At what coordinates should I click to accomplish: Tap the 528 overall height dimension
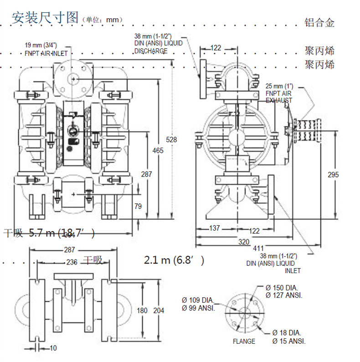171,140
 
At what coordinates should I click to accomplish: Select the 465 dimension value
158,150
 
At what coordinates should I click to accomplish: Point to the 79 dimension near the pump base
138,207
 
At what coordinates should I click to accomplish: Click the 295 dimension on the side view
334,175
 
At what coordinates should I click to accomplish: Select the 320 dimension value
244,242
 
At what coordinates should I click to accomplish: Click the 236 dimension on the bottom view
72,262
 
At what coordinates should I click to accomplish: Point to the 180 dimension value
142,310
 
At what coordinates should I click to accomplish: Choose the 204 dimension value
158,310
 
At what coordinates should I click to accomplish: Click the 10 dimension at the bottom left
53,348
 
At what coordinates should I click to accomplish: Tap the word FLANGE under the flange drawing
244,341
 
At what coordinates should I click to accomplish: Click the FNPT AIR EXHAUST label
279,93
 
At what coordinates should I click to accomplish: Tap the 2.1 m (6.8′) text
174,260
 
